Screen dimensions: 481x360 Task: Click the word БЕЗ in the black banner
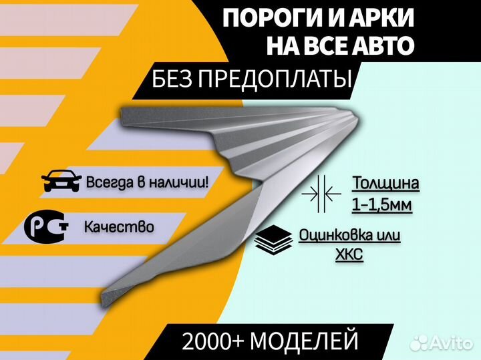click(x=172, y=79)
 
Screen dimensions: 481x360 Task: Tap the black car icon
click(x=61, y=180)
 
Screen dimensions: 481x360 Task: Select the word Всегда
click(x=110, y=183)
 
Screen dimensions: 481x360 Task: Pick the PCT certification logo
click(x=46, y=226)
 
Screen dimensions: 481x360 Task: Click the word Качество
click(x=119, y=227)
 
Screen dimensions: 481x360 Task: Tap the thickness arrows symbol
click(x=321, y=194)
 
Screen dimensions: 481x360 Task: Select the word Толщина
click(x=385, y=184)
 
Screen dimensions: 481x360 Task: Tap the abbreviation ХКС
click(x=349, y=254)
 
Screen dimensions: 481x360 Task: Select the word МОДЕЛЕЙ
click(x=304, y=341)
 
